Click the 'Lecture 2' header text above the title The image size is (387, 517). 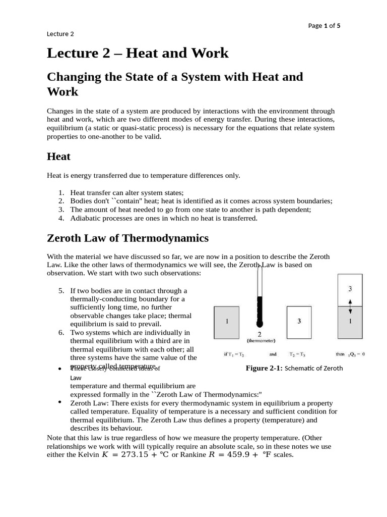[60, 34]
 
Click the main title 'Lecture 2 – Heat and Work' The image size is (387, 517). [138, 53]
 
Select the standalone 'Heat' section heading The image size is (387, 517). [58, 157]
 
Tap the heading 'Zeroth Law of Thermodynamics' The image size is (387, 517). [127, 238]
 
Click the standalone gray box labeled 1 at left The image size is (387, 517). [227, 322]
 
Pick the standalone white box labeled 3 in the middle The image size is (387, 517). [299, 322]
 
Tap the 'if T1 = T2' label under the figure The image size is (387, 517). [234, 354]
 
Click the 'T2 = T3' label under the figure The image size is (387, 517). [299, 354]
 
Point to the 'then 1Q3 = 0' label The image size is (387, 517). [350, 354]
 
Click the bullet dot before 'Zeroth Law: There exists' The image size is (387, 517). [60, 402]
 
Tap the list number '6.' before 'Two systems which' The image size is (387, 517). [61, 332]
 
